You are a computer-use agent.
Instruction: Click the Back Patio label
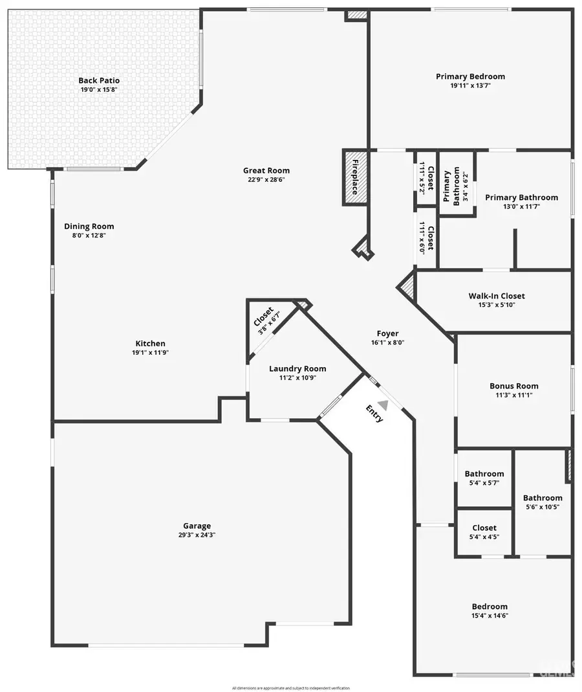pos(99,80)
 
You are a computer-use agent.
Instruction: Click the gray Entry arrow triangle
pos(383,405)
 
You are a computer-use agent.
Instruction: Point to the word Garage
pos(197,526)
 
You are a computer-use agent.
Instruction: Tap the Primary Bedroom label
pos(470,76)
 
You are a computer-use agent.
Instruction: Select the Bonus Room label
pos(514,386)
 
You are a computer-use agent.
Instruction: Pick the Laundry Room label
pos(297,368)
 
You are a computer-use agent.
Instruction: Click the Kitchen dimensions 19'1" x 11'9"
pos(150,353)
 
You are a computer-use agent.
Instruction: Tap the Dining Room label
pos(89,227)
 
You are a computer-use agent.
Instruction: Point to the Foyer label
pos(388,333)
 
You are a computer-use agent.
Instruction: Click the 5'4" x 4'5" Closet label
pos(484,528)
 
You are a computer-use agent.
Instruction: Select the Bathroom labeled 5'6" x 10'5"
pos(543,498)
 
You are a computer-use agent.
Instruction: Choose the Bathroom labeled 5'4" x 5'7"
pos(484,474)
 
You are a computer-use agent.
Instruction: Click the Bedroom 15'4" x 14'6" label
pos(490,607)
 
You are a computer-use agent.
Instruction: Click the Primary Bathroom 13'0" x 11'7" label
pos(521,197)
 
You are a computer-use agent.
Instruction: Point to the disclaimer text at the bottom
pos(291,687)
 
